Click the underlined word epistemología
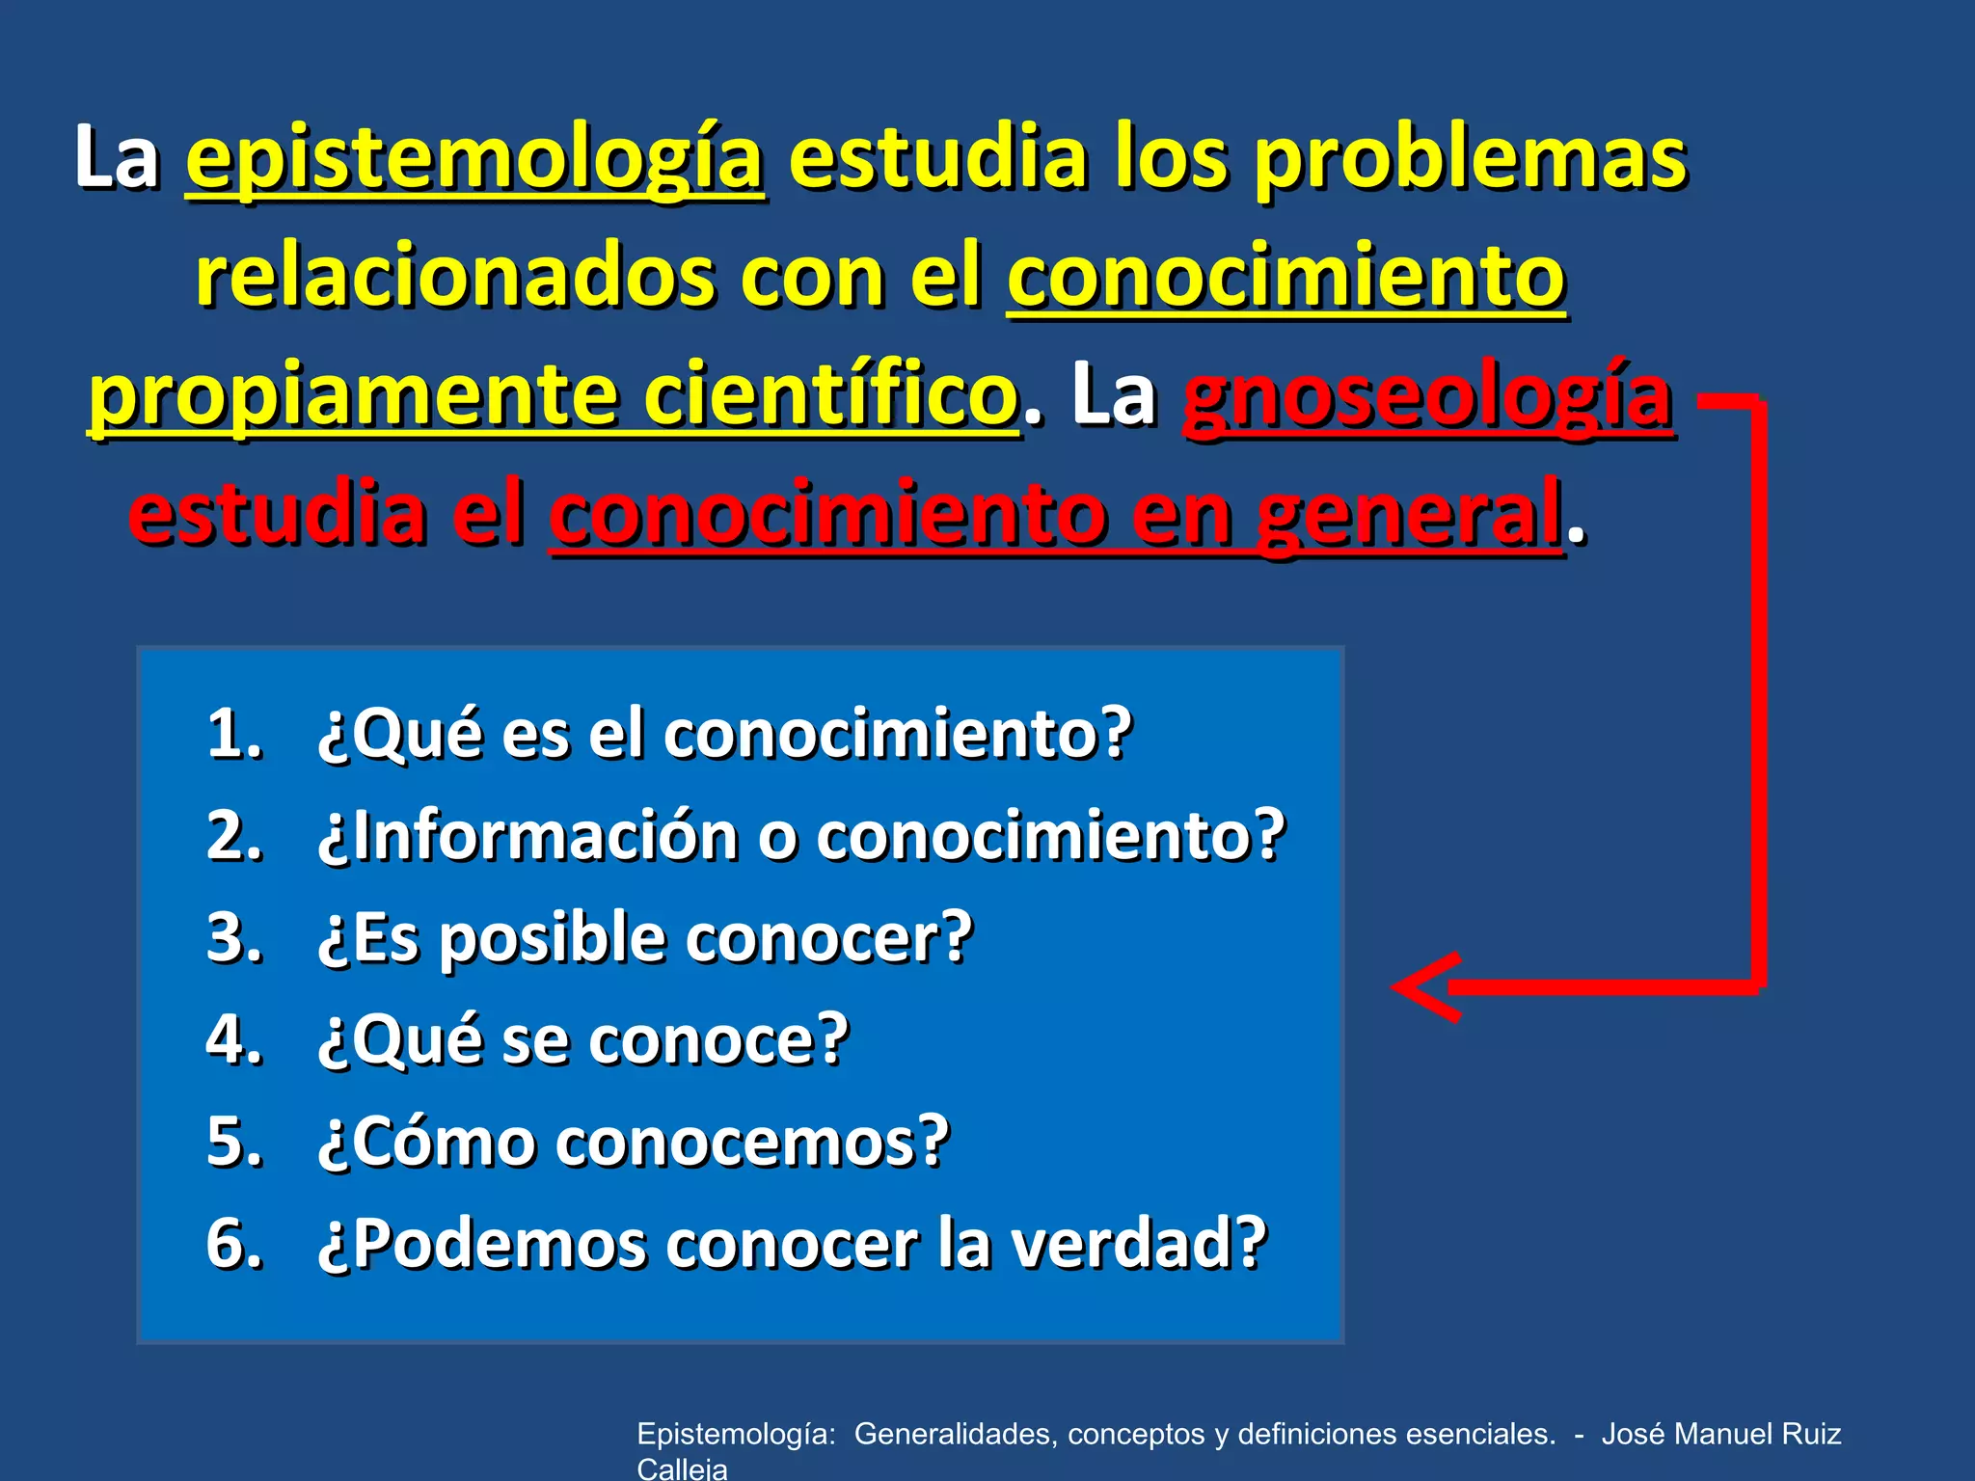(474, 159)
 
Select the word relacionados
(453, 277)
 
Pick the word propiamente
(353, 397)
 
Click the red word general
(1409, 514)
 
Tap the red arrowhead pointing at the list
(1425, 986)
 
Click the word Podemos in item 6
(501, 1244)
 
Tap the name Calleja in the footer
(682, 1468)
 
